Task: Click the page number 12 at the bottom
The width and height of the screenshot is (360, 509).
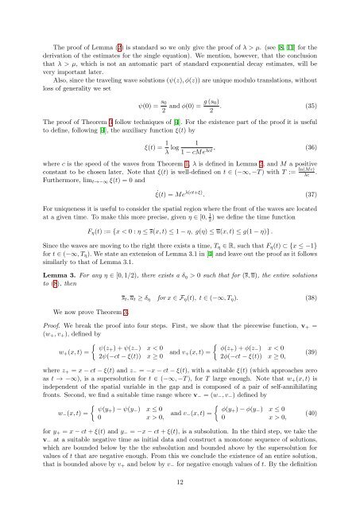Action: [180, 482]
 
